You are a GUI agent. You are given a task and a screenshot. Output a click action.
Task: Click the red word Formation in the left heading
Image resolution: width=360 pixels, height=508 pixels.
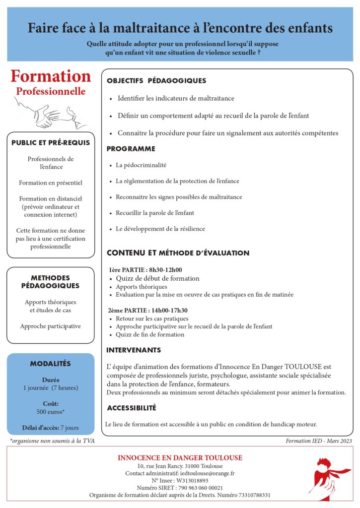[51, 76]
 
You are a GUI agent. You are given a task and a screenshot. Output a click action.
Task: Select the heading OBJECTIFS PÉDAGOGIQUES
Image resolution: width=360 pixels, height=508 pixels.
[156, 81]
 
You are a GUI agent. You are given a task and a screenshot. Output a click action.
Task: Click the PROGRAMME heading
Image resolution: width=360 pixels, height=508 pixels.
[131, 149]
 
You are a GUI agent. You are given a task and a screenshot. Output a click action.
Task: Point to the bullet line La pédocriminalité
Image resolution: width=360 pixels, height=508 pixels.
[141, 165]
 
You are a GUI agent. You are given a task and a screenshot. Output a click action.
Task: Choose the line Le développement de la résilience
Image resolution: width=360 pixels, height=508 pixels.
[160, 229]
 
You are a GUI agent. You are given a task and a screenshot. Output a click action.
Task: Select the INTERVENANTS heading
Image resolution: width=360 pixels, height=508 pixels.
[134, 350]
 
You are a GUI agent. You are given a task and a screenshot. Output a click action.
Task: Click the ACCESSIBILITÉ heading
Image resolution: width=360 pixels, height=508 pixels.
[131, 408]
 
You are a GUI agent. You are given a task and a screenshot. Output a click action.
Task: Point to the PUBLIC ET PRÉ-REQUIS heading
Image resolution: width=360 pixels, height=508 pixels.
[51, 143]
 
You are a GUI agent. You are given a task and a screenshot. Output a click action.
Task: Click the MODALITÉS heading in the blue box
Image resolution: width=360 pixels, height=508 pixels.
[51, 364]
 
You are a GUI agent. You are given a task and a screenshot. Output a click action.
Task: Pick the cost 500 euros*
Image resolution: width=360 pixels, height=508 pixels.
[51, 412]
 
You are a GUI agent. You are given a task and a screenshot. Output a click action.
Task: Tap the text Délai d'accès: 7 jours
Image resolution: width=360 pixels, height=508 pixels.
[51, 428]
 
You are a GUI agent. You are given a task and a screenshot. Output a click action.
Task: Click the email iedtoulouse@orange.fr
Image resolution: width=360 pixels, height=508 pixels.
[207, 473]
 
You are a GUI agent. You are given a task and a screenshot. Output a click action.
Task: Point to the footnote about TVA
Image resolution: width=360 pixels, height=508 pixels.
[52, 441]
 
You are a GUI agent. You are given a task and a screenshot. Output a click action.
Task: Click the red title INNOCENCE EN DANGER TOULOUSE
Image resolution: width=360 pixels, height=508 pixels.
[180, 457]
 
